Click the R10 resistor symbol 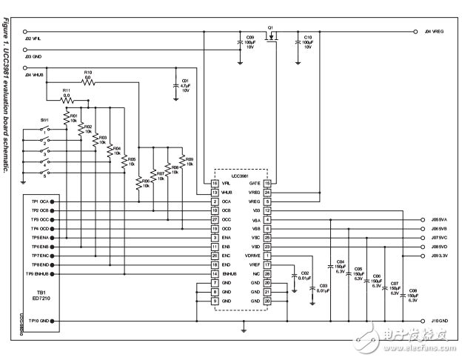click(88, 83)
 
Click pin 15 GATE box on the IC click(267, 182)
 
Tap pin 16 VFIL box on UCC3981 click(215, 182)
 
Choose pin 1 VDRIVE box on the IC click(267, 256)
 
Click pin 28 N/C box click(267, 274)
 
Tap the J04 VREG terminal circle click(412, 32)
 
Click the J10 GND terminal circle click(412, 321)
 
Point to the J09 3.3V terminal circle click(412, 256)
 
